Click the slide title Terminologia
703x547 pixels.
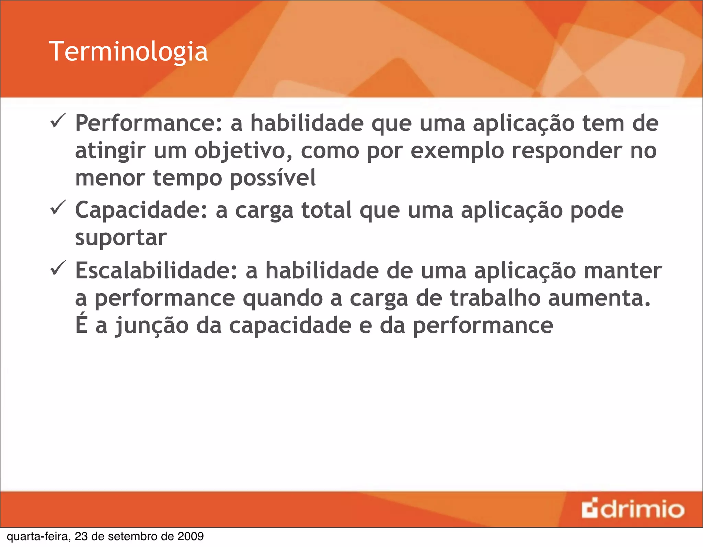coord(128,52)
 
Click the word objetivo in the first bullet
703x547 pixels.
coord(243,151)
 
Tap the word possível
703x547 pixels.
coord(273,179)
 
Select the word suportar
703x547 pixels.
coord(121,238)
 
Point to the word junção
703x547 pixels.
coord(151,326)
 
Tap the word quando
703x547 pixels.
coord(283,298)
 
